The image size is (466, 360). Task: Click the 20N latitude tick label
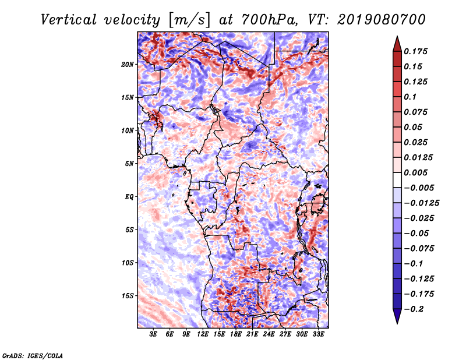tap(128, 64)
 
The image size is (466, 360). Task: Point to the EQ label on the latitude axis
tap(129, 196)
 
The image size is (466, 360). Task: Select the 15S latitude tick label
tap(128, 295)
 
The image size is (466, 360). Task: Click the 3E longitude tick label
tap(154, 334)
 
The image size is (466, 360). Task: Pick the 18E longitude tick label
tap(236, 334)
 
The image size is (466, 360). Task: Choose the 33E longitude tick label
tap(319, 334)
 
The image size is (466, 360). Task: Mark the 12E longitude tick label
tap(203, 334)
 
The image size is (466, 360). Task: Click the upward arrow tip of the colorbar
tap(397, 38)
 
